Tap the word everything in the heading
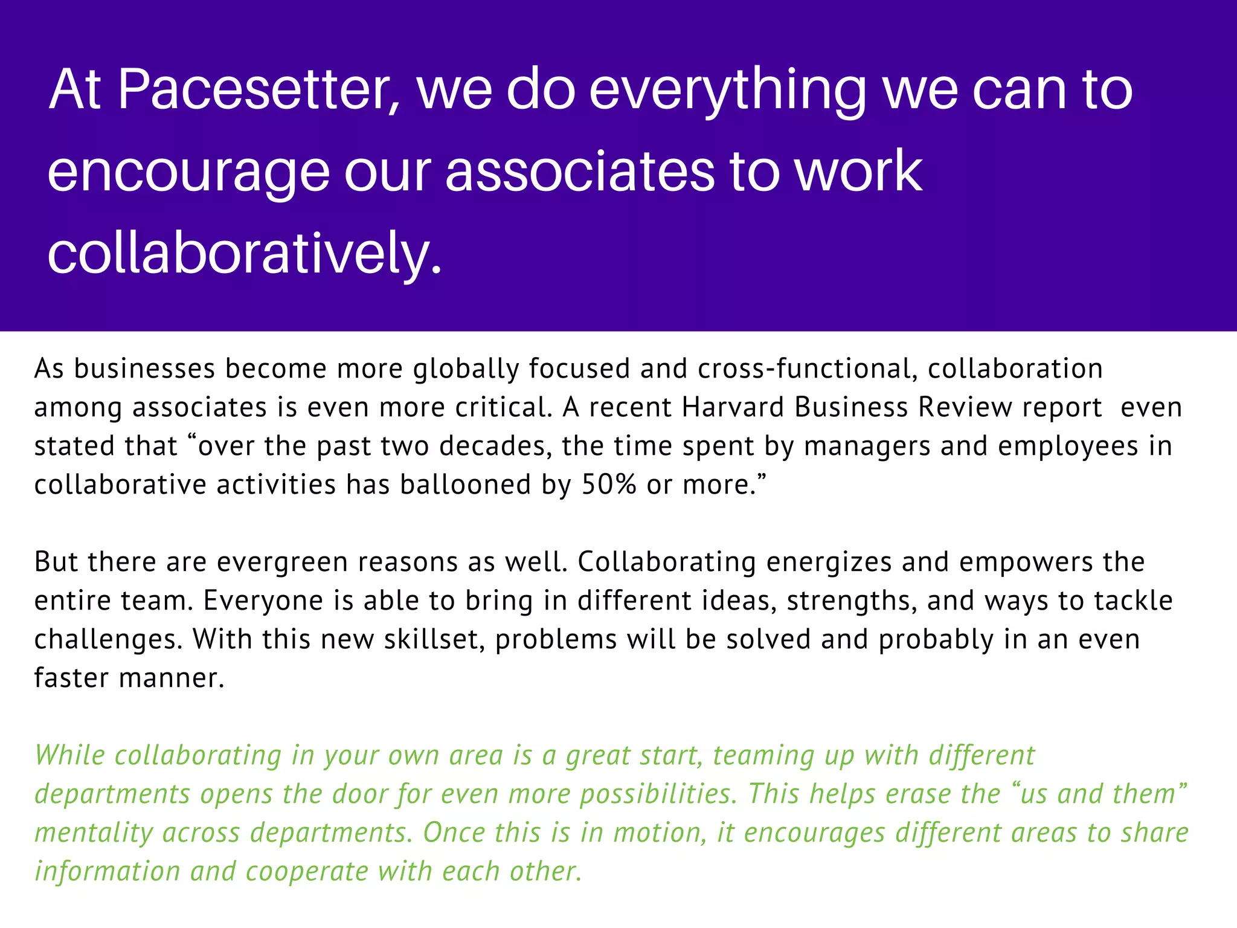[728, 91]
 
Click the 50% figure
[609, 485]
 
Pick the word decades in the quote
[496, 446]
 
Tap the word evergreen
[282, 562]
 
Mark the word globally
[466, 369]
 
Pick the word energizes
[829, 562]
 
